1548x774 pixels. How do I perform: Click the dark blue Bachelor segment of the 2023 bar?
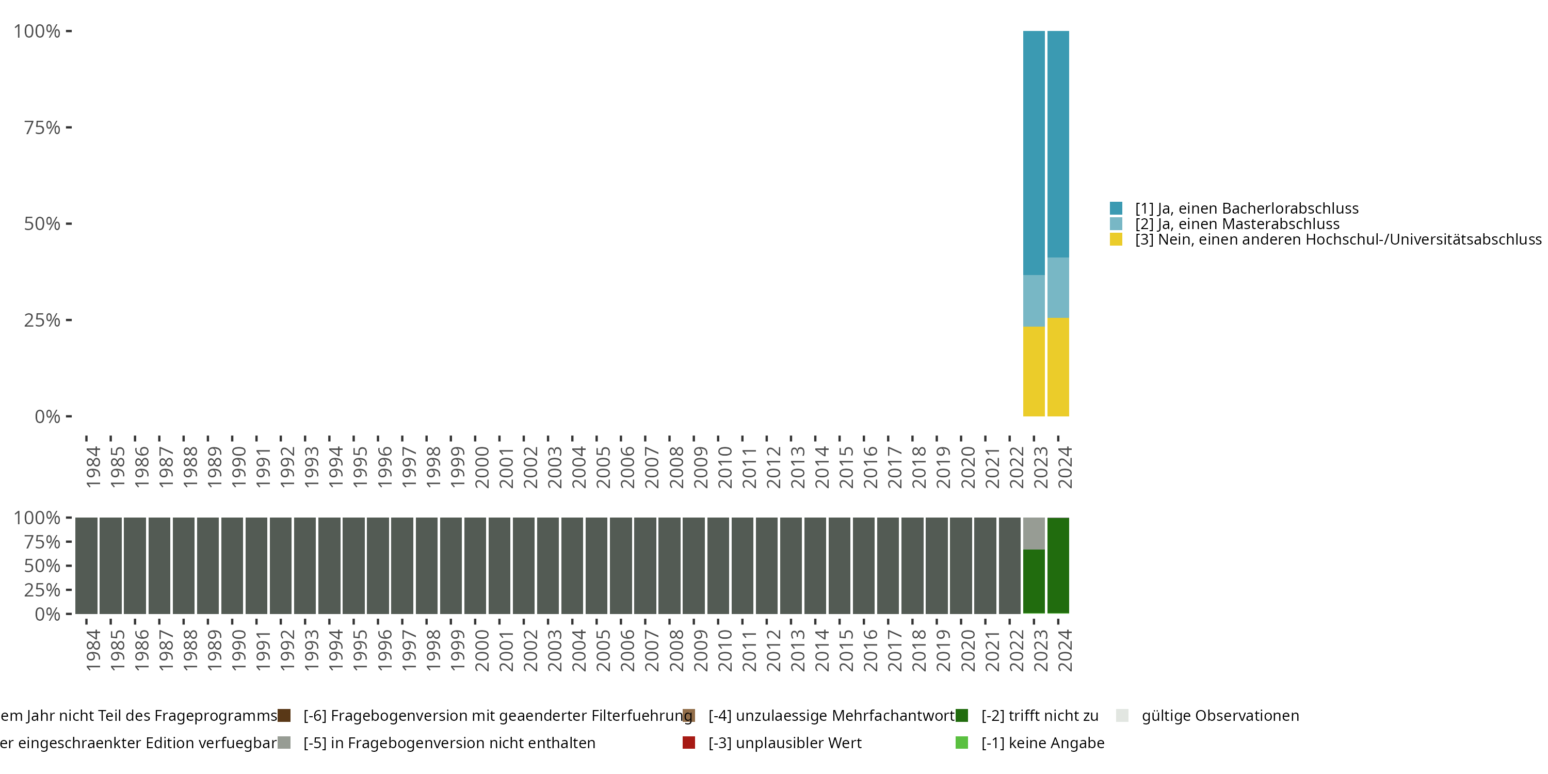[x=1034, y=153]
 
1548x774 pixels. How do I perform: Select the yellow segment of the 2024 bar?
[x=1058, y=366]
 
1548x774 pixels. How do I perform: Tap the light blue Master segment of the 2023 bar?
[x=1034, y=300]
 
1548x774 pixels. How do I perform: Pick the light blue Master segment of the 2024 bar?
[x=1058, y=287]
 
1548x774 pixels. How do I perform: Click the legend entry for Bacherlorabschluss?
[x=1246, y=208]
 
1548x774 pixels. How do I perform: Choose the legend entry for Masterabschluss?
[x=1237, y=224]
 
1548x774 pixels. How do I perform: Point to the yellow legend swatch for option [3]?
[x=1116, y=240]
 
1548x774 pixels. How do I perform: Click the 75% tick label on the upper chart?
[x=42, y=127]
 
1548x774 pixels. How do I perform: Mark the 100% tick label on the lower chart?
[x=37, y=518]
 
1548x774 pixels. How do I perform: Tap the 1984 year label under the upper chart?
[x=93, y=467]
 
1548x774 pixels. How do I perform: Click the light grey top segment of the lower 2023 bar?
[x=1034, y=533]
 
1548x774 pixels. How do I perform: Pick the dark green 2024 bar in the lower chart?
[x=1058, y=565]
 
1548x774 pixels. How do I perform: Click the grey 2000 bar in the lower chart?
[x=475, y=565]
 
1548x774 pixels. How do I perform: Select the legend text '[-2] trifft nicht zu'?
[x=1040, y=716]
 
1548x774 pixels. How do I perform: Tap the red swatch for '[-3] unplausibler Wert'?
[x=689, y=743]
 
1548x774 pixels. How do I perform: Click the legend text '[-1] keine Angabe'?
[x=1043, y=744]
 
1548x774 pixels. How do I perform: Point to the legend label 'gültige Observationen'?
[x=1220, y=716]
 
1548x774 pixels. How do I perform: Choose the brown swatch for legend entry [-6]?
[x=284, y=716]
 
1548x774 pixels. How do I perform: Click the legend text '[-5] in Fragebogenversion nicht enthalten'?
[x=449, y=744]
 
